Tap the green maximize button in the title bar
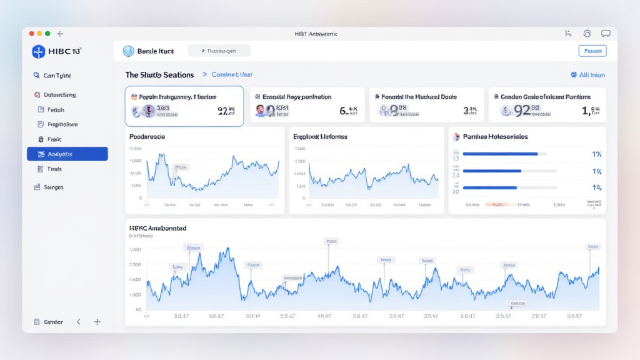click(x=47, y=33)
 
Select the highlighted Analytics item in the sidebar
click(x=67, y=154)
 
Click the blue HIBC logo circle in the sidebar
click(x=39, y=52)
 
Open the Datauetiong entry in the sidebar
click(x=60, y=95)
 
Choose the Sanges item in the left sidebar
click(x=54, y=187)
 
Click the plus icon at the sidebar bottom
click(x=97, y=322)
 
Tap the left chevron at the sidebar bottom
click(x=79, y=322)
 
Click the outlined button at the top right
click(x=592, y=51)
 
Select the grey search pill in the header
click(x=219, y=51)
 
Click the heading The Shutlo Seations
click(x=159, y=75)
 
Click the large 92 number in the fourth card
click(x=522, y=111)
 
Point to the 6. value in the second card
click(x=344, y=111)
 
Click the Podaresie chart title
click(x=147, y=136)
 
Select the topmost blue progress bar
click(x=500, y=154)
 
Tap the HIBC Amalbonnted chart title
click(x=157, y=229)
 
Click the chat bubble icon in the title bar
click(x=605, y=33)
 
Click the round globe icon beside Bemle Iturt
click(x=129, y=51)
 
